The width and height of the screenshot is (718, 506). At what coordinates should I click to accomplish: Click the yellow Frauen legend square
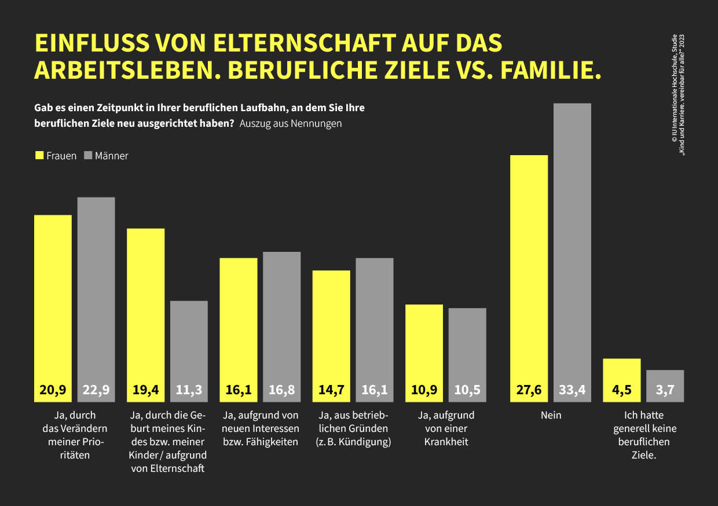(39, 156)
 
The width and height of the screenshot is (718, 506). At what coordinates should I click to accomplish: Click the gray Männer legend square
(88, 156)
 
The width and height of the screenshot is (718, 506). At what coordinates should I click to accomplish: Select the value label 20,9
(53, 390)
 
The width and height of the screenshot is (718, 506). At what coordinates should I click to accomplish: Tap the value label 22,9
(96, 390)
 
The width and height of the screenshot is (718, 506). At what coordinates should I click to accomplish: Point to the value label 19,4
(145, 390)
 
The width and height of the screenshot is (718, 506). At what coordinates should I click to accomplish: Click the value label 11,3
(189, 390)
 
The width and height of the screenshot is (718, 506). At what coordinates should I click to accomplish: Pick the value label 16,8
(281, 390)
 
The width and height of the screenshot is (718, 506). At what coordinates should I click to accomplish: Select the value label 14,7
(331, 390)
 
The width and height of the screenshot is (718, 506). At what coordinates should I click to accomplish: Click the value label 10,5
(467, 390)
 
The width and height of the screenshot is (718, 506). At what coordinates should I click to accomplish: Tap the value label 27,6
(529, 390)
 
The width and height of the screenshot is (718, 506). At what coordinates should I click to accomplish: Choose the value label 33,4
(572, 390)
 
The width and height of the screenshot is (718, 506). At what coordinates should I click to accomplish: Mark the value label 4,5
(621, 390)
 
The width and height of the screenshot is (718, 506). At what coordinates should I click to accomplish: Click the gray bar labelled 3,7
(665, 386)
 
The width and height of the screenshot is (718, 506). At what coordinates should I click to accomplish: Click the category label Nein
(550, 415)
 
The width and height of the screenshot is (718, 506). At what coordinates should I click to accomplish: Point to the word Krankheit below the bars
(446, 442)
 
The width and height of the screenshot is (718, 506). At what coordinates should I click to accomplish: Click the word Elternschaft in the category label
(168, 468)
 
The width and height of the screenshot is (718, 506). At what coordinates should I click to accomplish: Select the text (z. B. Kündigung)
(353, 442)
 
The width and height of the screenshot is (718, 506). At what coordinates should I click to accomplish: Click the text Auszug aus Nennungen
(290, 124)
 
